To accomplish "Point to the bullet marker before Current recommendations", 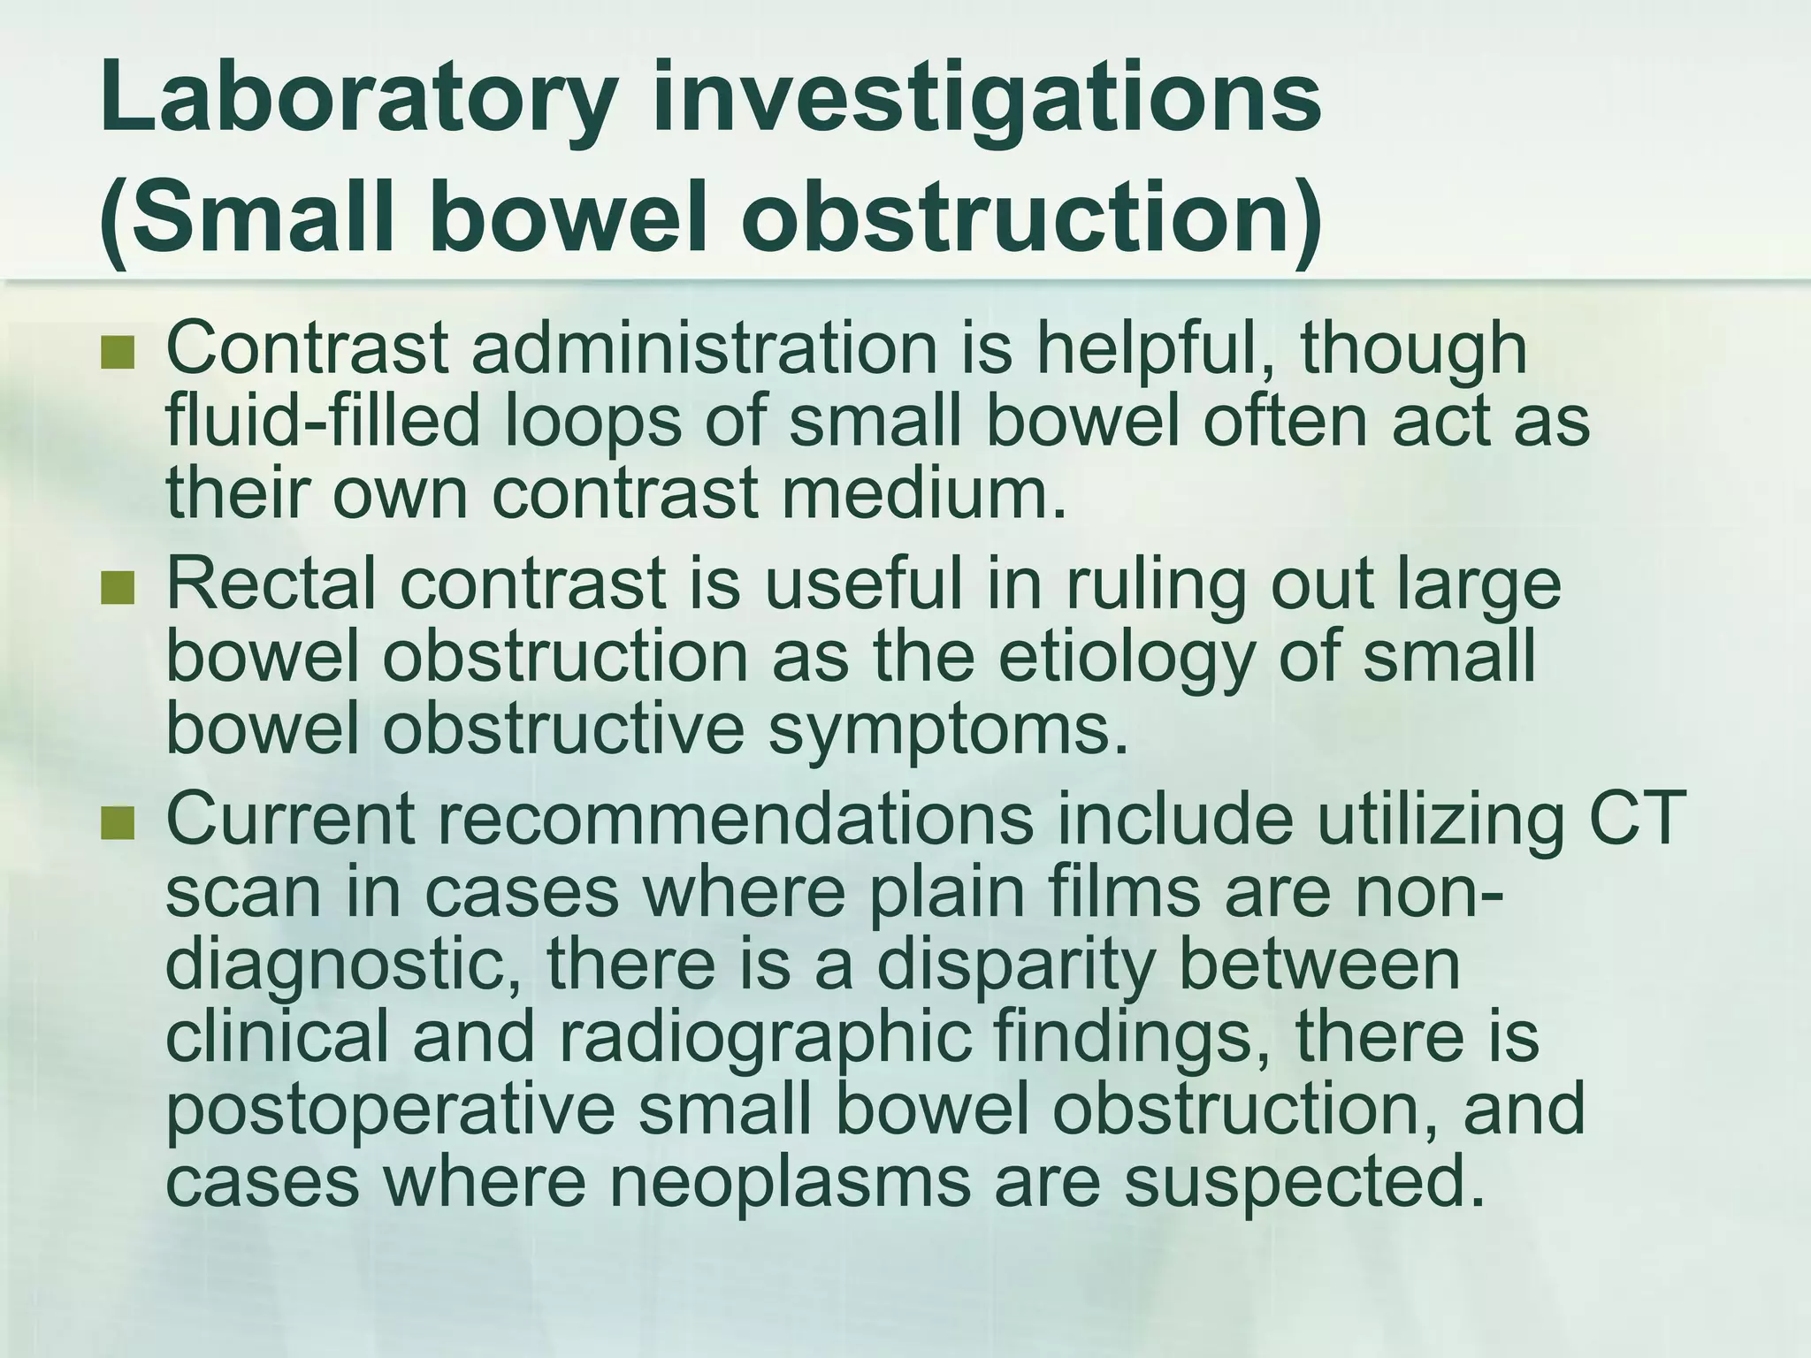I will pyautogui.click(x=117, y=824).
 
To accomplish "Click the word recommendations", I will pyautogui.click(x=734, y=819).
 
